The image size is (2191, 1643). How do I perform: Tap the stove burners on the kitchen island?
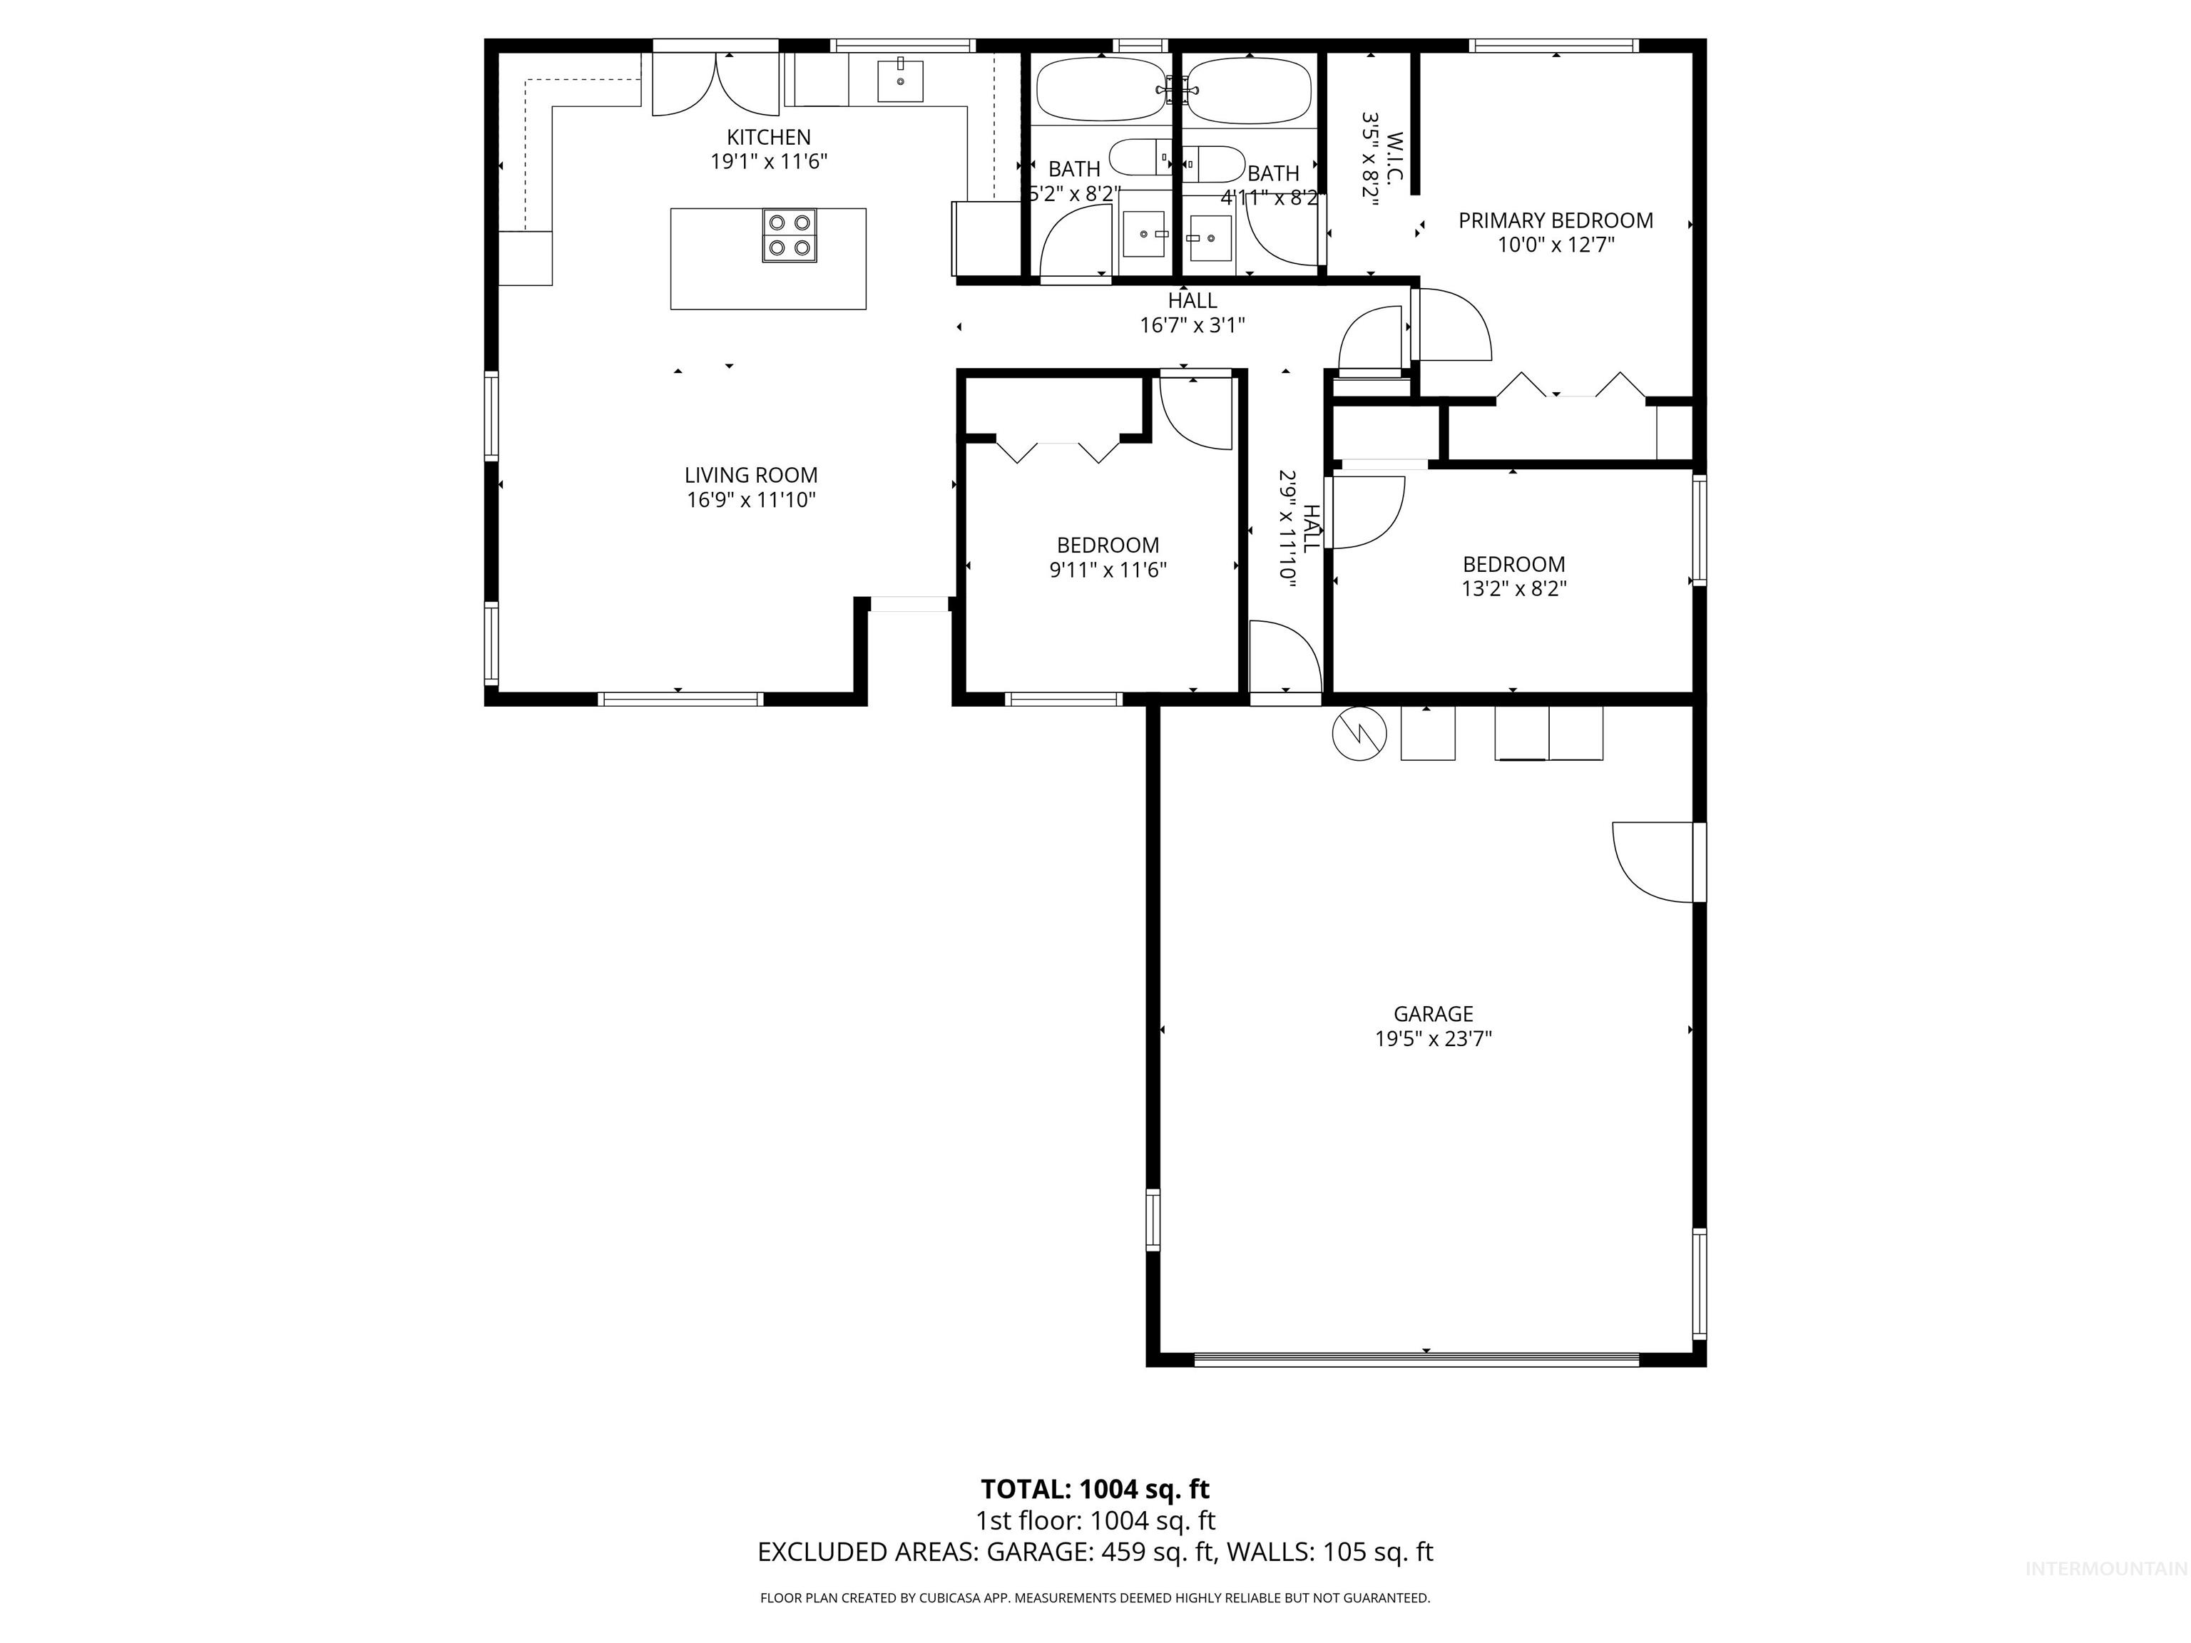790,236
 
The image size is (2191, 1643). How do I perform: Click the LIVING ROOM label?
751,476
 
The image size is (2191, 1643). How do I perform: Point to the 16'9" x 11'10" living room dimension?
751,500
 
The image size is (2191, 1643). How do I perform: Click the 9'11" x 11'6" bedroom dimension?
1108,570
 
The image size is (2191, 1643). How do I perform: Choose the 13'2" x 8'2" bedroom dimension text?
1513,589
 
